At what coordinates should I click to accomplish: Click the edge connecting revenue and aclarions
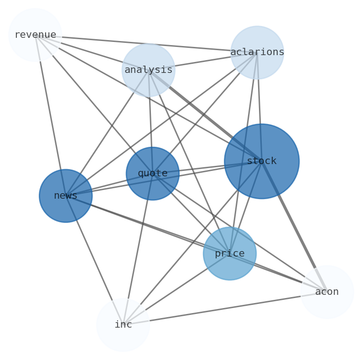pos(146,44)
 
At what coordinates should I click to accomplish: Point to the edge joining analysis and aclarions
pos(203,61)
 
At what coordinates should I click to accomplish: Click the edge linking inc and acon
pos(223,309)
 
